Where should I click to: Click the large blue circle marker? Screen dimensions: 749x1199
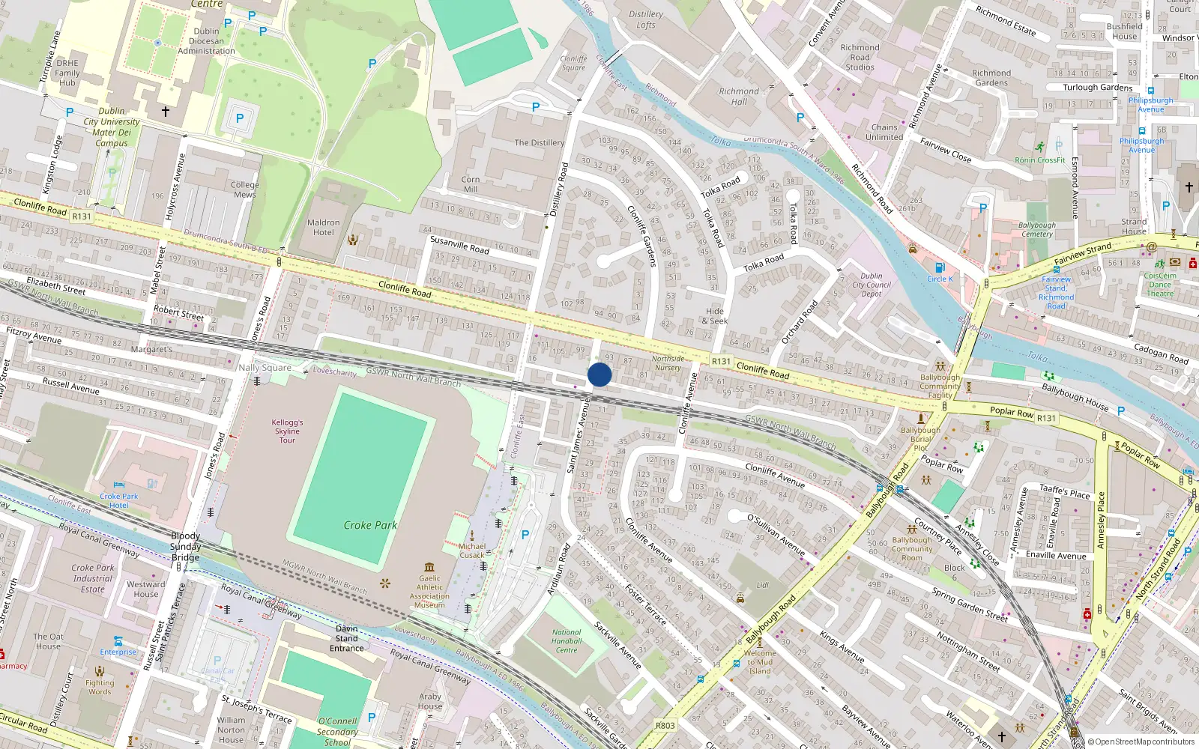pos(599,374)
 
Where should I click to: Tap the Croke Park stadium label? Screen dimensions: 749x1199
pos(370,525)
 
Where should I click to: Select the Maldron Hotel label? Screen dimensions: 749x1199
pos(324,228)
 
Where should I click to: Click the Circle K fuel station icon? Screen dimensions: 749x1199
pos(940,267)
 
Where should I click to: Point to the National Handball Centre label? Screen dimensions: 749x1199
pos(567,641)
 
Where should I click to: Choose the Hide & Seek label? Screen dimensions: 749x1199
pos(715,316)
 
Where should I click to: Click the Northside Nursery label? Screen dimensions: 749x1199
pos(668,363)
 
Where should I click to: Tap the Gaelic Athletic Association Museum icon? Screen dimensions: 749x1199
pos(429,567)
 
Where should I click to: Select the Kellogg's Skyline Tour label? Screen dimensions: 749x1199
pos(288,431)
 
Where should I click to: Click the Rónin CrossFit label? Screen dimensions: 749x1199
pos(1040,160)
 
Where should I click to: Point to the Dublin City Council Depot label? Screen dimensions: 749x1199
pos(872,285)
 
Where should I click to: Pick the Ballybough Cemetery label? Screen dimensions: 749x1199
pos(1037,229)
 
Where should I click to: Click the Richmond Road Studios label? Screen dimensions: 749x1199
pos(860,57)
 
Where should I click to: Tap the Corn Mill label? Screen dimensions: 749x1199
pos(471,184)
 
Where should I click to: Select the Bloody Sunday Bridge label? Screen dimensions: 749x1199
pos(186,547)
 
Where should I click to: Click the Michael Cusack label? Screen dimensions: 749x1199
pos(472,551)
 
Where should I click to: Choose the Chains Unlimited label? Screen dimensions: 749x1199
pos(884,133)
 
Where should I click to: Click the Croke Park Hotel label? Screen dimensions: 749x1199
pos(119,500)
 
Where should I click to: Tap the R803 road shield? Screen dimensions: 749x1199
pos(665,725)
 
